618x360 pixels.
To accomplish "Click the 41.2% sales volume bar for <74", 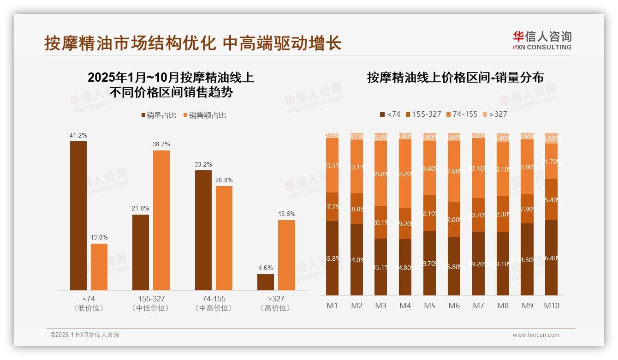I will (78, 216).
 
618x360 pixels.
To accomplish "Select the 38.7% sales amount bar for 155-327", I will (161, 220).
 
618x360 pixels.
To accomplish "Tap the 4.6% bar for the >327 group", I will (266, 282).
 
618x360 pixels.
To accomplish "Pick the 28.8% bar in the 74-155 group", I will (224, 238).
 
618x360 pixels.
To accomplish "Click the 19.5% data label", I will (286, 214).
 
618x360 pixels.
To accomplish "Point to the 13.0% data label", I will (99, 238).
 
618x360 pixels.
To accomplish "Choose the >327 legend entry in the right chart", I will (494, 114).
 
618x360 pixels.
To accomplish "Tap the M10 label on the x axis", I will (551, 306).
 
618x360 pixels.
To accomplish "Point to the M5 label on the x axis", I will (429, 306).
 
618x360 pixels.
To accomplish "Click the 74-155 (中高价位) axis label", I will (214, 303).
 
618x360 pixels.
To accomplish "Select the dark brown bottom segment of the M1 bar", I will (332, 258).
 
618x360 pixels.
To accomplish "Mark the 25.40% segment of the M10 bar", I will (551, 199).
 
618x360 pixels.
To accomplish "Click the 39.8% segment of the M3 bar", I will (380, 174).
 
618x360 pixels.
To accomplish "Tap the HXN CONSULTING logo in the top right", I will (542, 41).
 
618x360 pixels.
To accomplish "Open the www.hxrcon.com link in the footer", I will (535, 335).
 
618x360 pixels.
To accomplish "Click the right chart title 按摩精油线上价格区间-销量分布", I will (455, 78).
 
